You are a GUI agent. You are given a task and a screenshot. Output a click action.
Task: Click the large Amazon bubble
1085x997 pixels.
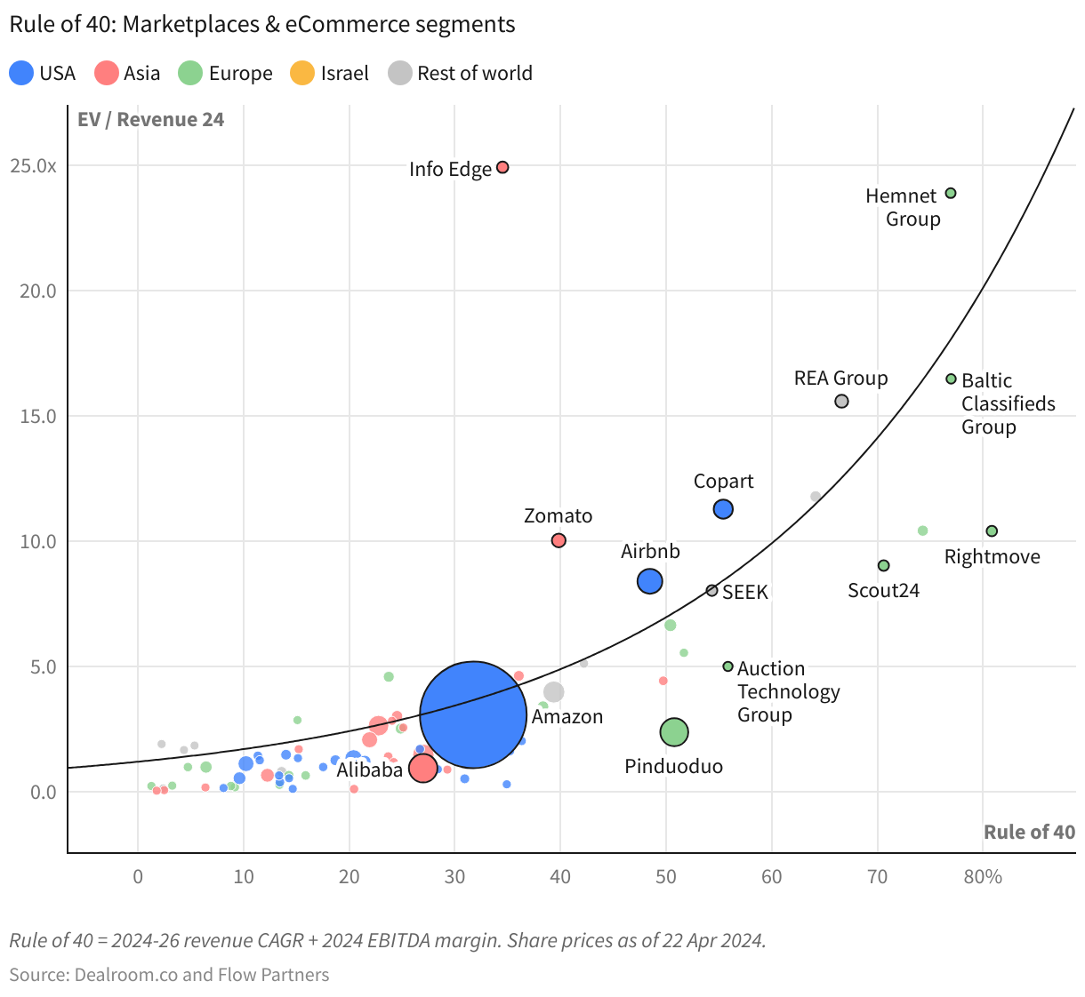pyautogui.click(x=473, y=714)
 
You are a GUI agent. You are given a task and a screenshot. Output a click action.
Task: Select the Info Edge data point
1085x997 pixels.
pyautogui.click(x=502, y=167)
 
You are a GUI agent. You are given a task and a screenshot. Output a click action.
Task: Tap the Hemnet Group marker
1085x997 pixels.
pyautogui.click(x=951, y=193)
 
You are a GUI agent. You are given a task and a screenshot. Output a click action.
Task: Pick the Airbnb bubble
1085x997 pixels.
pyautogui.click(x=650, y=581)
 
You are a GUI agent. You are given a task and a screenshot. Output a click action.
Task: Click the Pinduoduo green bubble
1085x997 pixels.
pyautogui.click(x=674, y=732)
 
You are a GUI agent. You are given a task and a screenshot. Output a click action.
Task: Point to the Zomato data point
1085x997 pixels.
pyautogui.click(x=559, y=540)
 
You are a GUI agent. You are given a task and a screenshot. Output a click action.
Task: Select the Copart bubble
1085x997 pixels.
pyautogui.click(x=723, y=509)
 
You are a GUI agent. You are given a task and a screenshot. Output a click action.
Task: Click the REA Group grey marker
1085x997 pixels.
pyautogui.click(x=841, y=401)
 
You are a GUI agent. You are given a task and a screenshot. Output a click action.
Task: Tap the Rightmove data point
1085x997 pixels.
pyautogui.click(x=992, y=531)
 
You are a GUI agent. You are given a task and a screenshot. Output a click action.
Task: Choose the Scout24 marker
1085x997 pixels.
pyautogui.click(x=883, y=565)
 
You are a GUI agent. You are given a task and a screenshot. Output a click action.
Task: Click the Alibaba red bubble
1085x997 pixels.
pyautogui.click(x=422, y=768)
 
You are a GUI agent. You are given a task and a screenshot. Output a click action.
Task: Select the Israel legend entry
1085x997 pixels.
pyautogui.click(x=330, y=73)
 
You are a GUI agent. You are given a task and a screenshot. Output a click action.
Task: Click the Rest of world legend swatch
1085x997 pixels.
pyautogui.click(x=400, y=73)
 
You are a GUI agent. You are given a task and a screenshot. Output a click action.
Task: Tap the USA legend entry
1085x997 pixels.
pyautogui.click(x=43, y=73)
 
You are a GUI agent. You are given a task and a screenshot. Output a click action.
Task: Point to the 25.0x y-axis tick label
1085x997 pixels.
pyautogui.click(x=34, y=166)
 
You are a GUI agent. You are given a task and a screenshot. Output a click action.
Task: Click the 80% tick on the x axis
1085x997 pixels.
pyautogui.click(x=983, y=877)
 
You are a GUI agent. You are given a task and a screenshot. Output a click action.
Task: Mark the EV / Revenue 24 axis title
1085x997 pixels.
pyautogui.click(x=150, y=120)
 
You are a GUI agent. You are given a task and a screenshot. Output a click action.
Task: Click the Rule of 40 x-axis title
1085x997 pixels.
pyautogui.click(x=1029, y=833)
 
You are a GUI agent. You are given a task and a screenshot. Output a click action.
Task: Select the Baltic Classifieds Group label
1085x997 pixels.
pyautogui.click(x=1008, y=403)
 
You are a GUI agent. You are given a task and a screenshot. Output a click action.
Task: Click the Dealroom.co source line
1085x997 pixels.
pyautogui.click(x=169, y=975)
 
